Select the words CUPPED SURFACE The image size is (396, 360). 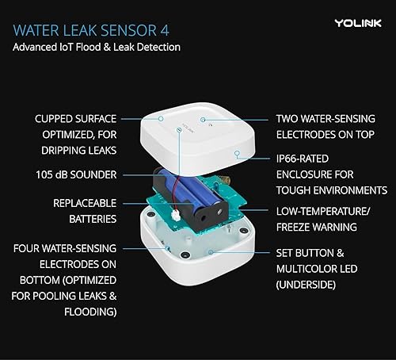click(x=74, y=118)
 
